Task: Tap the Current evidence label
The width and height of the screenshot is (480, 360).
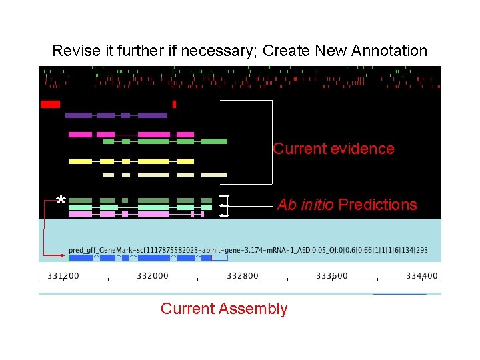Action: pos(333,149)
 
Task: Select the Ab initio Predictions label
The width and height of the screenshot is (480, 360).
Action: pos(347,205)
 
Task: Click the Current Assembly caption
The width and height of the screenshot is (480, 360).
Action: pos(224,309)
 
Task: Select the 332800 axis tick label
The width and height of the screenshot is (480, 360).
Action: pos(242,276)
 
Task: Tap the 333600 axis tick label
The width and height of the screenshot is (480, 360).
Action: pos(331,276)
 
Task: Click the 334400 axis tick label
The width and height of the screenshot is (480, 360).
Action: pos(422,276)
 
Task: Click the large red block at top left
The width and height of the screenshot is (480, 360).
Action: pos(51,104)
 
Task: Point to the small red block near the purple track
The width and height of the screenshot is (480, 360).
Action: pos(174,104)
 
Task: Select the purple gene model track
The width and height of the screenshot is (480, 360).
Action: pos(116,115)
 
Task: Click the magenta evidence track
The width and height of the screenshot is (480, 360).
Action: pos(131,135)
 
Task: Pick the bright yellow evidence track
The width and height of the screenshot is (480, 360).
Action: pos(131,161)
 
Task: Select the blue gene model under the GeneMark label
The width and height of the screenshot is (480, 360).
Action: pos(147,257)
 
